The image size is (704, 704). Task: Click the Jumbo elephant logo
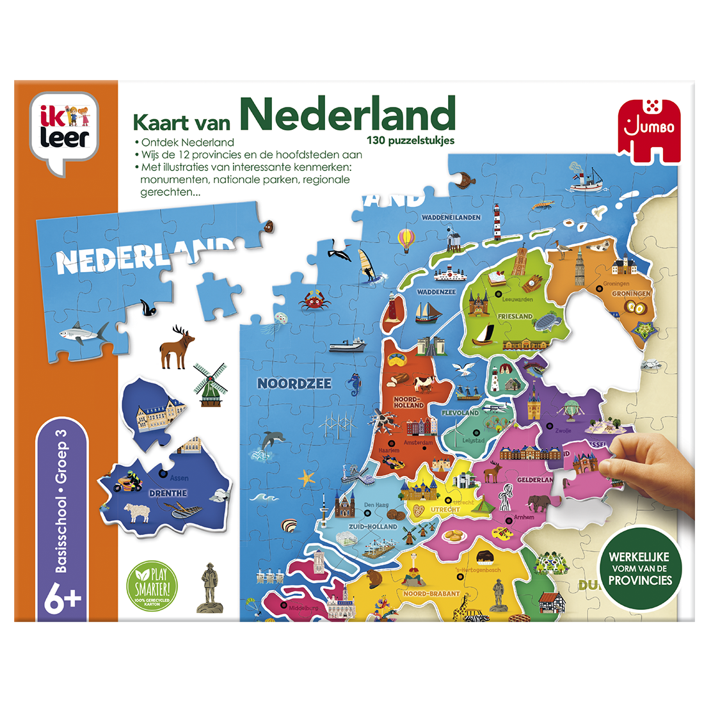click(x=646, y=127)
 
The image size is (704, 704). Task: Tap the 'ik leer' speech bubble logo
click(x=65, y=131)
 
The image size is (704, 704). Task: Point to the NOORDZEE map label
click(x=294, y=383)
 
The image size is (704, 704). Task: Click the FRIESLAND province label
click(x=515, y=316)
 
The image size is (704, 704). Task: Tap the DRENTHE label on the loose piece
click(x=168, y=493)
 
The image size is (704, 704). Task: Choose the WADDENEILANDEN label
click(x=451, y=218)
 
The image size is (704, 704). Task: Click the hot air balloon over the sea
click(x=406, y=241)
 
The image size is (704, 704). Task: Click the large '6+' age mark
click(x=63, y=600)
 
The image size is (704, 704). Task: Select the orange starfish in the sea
click(x=307, y=477)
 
